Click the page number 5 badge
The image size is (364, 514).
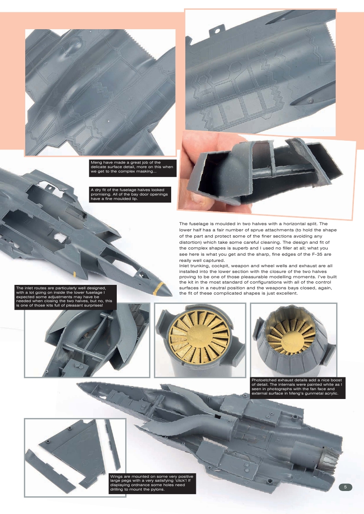point(345,487)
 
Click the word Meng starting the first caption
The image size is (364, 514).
point(96,163)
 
